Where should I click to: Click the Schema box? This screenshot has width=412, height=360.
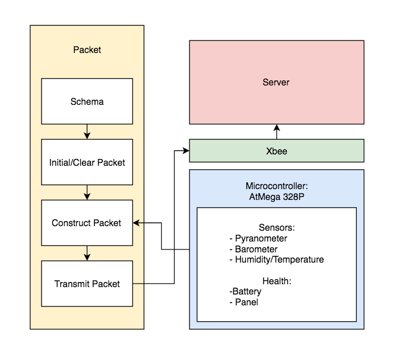(87, 101)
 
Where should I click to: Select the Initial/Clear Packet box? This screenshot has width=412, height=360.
(87, 162)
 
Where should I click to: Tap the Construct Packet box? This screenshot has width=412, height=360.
(87, 223)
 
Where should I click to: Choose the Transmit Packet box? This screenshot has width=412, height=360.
(87, 284)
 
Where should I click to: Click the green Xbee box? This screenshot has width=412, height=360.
(277, 151)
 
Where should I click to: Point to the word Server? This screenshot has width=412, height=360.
(276, 82)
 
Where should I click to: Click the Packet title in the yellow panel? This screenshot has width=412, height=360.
(87, 50)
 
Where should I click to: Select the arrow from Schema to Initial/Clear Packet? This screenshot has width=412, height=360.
(87, 132)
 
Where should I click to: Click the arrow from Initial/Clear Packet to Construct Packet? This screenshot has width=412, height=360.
(87, 193)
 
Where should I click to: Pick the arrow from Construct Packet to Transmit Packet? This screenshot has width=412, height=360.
(87, 253)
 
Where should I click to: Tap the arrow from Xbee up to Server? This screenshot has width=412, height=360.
(277, 132)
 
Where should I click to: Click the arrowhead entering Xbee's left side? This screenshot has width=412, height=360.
(186, 151)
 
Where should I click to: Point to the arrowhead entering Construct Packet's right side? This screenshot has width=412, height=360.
(137, 223)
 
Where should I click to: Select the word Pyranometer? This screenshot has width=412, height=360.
(261, 239)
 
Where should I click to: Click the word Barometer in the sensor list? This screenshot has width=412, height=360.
(256, 249)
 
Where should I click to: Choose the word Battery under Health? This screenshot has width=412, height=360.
(247, 292)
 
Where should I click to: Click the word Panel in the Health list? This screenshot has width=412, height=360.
(246, 302)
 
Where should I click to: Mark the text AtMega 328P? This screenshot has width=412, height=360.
(277, 197)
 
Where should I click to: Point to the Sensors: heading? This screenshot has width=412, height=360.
(277, 227)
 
